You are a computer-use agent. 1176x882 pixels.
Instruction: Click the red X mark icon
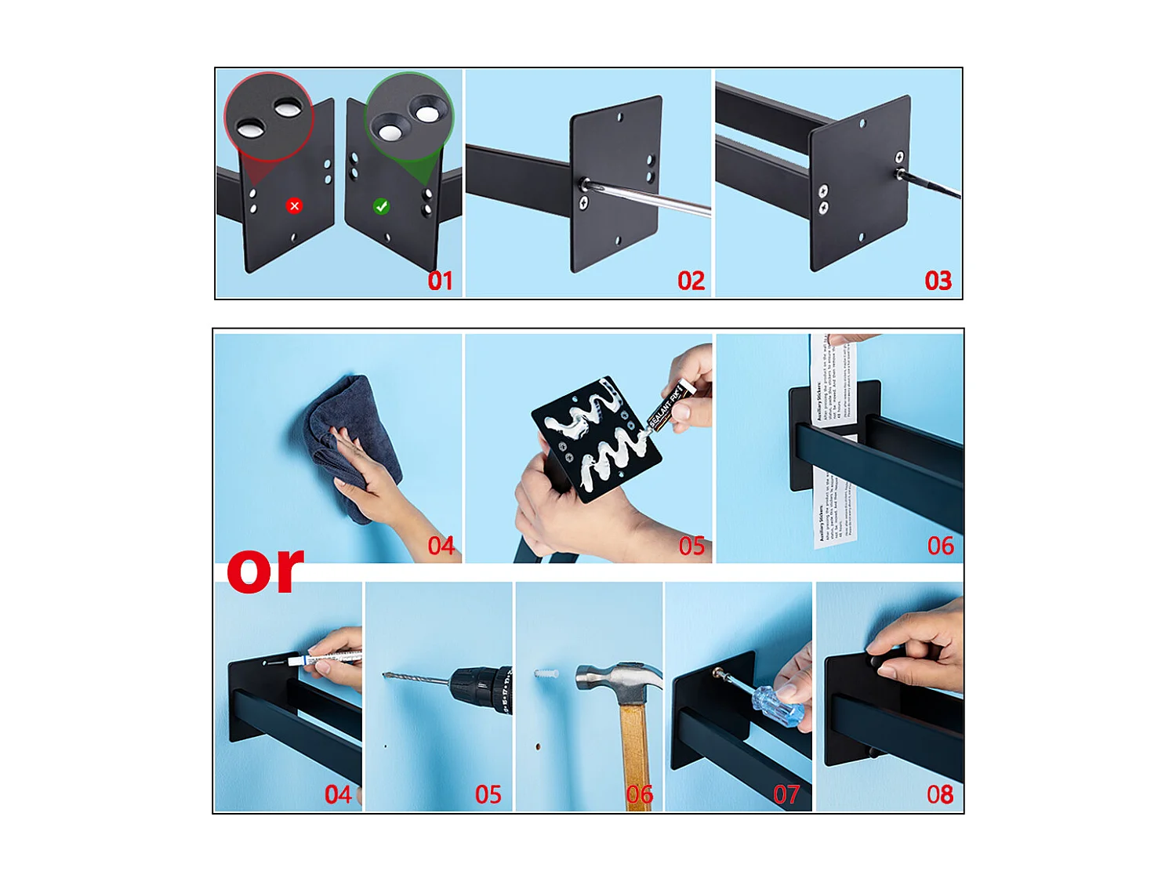[x=294, y=206]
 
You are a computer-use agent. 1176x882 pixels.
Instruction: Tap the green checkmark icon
[x=381, y=206]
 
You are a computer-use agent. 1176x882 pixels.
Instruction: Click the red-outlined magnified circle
[x=269, y=117]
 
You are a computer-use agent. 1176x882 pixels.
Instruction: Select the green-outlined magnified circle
[x=408, y=117]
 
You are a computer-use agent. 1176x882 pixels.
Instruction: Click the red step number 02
[x=691, y=281]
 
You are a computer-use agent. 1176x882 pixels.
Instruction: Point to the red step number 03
[x=938, y=281]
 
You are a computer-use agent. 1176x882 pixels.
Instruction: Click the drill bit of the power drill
[x=416, y=676]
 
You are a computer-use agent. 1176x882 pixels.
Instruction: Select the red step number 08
[x=939, y=795]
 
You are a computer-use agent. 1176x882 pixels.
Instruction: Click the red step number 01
[x=440, y=281]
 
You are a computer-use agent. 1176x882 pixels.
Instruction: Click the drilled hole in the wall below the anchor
[x=538, y=746]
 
